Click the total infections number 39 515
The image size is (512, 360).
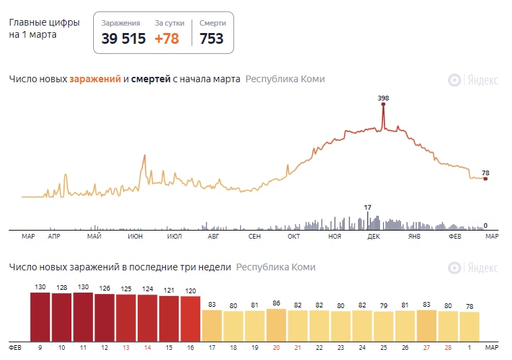pos(123,38)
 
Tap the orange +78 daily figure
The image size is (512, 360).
pos(167,38)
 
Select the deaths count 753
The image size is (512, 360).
pos(211,38)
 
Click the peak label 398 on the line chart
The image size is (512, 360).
pos(383,98)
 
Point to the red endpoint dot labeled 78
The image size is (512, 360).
pos(485,179)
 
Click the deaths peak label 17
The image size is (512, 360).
pos(368,207)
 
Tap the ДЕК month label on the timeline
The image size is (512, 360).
pos(373,236)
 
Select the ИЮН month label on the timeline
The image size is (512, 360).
pos(134,236)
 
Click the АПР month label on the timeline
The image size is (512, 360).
pos(54,236)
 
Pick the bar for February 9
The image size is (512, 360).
pos(40,316)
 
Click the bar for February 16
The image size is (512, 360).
pos(190,318)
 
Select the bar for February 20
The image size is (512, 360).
pos(276,324)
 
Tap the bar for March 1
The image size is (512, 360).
pos(469,326)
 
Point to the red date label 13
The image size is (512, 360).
pos(126,348)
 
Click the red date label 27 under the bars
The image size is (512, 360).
pos(426,348)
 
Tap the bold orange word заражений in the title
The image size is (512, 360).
pos(94,79)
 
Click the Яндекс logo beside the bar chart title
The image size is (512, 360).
pos(474,268)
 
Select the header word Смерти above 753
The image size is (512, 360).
pos(212,23)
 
